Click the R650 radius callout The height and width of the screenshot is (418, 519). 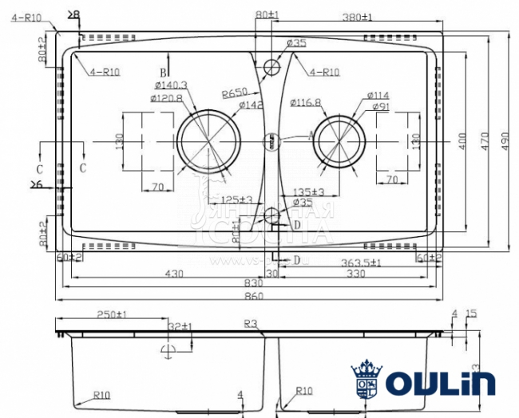point(233,93)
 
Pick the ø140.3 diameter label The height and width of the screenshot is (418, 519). point(168,85)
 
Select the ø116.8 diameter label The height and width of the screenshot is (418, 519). point(305,102)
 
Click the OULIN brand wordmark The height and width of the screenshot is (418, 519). point(440,383)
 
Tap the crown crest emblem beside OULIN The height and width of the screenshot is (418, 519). point(367,381)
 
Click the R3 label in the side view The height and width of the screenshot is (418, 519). point(254,324)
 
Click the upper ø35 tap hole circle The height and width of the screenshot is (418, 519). point(272,65)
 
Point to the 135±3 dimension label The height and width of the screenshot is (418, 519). point(307,191)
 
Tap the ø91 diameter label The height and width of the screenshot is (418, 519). point(379,106)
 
